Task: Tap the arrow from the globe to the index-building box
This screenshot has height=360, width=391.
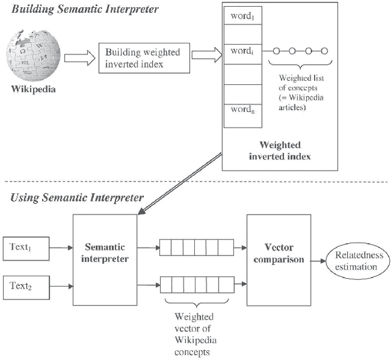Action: click(79, 57)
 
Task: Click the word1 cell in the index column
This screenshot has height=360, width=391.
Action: click(243, 16)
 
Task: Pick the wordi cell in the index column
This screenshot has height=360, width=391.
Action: click(243, 51)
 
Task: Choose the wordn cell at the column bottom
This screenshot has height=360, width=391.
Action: click(243, 111)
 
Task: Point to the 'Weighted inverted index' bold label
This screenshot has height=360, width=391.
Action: click(280, 150)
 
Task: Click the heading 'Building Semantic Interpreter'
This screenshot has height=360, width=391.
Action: click(85, 9)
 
